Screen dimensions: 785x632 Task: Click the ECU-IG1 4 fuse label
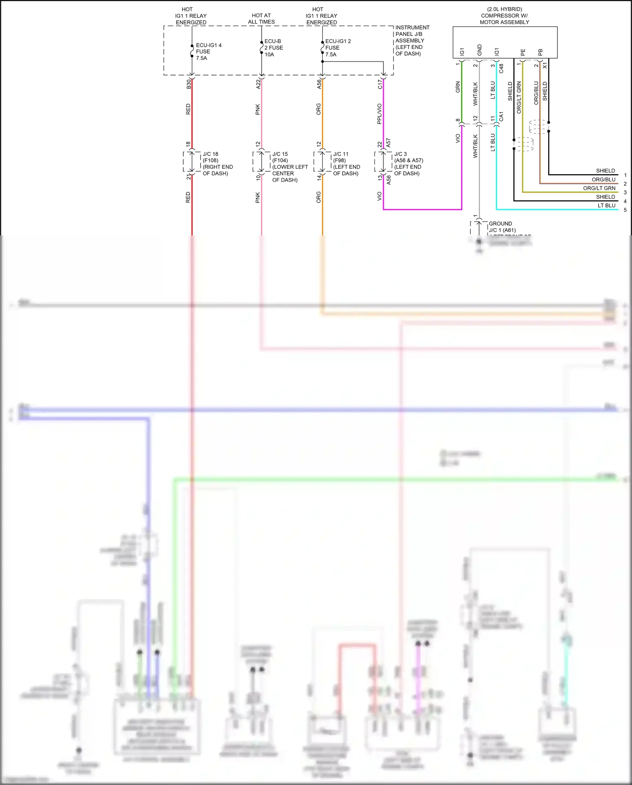pyautogui.click(x=208, y=51)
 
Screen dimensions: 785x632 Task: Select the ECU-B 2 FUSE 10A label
pyautogui.click(x=273, y=48)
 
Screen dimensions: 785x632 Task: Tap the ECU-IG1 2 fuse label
pyautogui.click(x=337, y=48)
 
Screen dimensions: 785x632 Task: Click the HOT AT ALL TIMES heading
pyautogui.click(x=261, y=19)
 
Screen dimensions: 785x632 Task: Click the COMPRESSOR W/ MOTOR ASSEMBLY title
pyautogui.click(x=504, y=16)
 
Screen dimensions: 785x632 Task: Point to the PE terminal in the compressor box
pyautogui.click(x=523, y=52)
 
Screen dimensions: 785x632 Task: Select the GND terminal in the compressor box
pyautogui.click(x=479, y=50)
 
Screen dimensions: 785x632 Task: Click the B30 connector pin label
pyautogui.click(x=189, y=84)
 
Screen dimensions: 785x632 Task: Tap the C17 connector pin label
pyautogui.click(x=380, y=84)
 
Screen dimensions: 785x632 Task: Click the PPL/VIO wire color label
pyautogui.click(x=379, y=113)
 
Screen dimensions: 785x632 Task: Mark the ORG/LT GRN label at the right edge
pyautogui.click(x=599, y=188)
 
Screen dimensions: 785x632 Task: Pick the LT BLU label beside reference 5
pyautogui.click(x=606, y=205)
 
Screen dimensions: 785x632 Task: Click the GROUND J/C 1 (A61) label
pyautogui.click(x=501, y=227)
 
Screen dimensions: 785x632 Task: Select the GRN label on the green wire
pyautogui.click(x=458, y=87)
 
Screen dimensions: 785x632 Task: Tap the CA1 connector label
pyautogui.click(x=501, y=117)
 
